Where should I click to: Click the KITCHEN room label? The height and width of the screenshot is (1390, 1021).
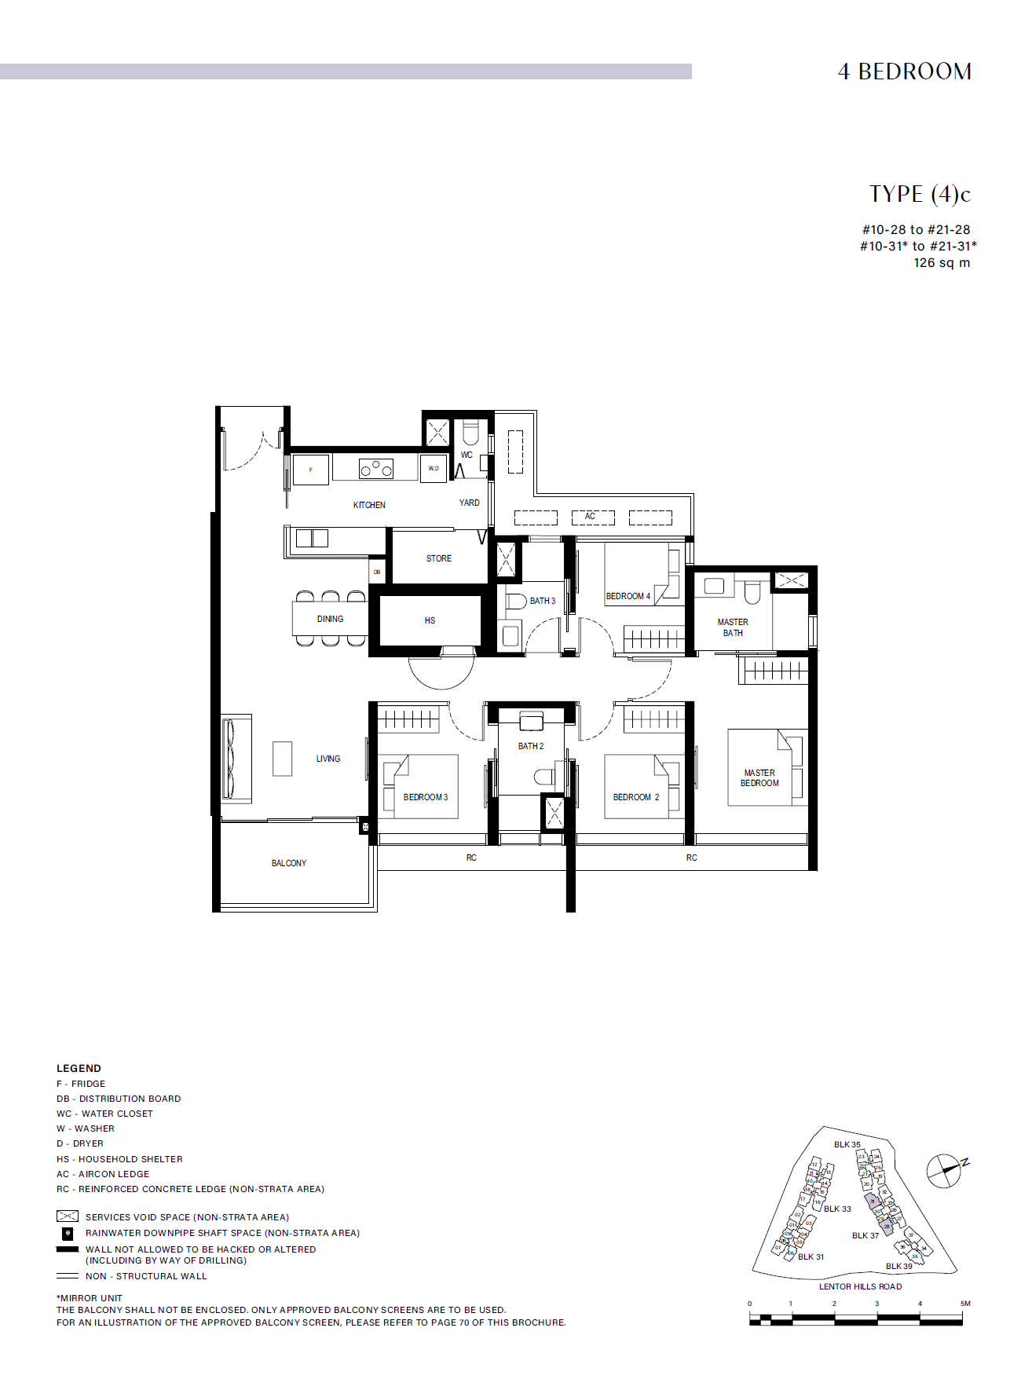pos(369,505)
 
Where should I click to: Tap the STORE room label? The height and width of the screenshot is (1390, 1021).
pos(439,558)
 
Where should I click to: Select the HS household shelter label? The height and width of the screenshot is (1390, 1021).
pos(430,620)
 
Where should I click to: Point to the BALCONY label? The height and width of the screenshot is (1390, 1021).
pos(289,863)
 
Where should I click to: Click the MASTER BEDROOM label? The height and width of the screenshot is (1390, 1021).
pos(759,778)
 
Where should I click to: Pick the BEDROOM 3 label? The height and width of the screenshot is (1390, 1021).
pos(426,797)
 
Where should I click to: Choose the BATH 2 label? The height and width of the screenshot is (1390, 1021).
pos(531,746)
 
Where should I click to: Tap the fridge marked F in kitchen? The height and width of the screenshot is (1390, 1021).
pos(311,470)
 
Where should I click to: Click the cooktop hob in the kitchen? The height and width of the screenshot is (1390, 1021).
pos(375,468)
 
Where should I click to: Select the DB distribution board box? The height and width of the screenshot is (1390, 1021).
pos(377,572)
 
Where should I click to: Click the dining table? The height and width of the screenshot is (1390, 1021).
pos(330,619)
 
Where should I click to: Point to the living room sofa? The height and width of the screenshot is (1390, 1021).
pos(235,759)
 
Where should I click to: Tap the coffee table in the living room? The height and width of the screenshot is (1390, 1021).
pos(282,759)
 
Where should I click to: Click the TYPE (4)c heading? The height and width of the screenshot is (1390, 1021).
pos(920,194)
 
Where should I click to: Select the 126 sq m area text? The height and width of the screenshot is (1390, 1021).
pos(942,263)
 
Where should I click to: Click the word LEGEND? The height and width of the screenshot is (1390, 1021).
pos(79,1068)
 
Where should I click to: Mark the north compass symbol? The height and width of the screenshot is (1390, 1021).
pos(945,1171)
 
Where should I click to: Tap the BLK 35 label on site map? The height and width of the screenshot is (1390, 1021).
pos(847,1144)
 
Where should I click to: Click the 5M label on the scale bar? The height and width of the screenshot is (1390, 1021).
pos(965,1304)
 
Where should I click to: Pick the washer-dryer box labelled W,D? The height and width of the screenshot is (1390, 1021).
pos(434,469)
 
